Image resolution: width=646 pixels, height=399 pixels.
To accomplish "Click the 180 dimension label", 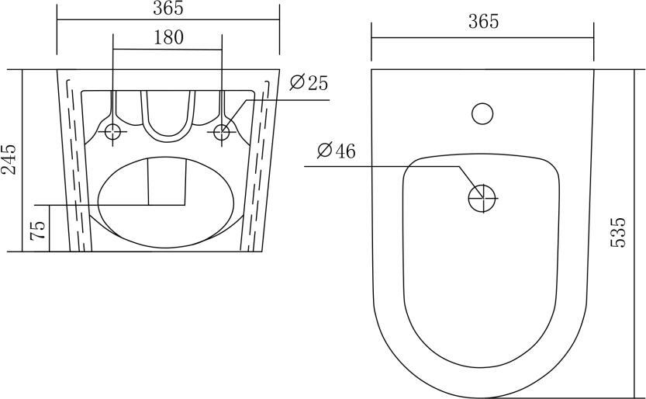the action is (x=169, y=37).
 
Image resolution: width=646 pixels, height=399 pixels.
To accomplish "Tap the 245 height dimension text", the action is (x=9, y=159).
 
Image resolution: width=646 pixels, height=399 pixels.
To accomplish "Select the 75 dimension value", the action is (x=37, y=231).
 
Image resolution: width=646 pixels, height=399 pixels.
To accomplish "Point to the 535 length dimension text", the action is (x=617, y=232).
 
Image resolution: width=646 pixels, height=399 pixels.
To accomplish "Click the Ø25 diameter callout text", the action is (x=309, y=83).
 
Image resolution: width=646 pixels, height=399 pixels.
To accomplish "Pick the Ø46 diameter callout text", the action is (x=337, y=151).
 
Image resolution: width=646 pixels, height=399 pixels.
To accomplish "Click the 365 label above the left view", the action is (x=168, y=9).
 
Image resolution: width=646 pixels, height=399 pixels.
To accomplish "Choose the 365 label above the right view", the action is (x=483, y=22).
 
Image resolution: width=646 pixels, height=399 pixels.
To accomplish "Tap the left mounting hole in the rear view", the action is (x=112, y=132).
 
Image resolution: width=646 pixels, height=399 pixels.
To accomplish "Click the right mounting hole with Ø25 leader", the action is (x=222, y=132).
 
